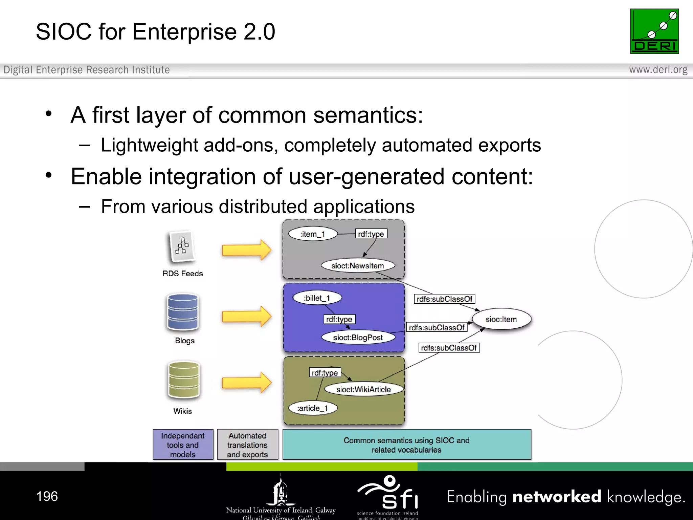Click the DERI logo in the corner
[654, 31]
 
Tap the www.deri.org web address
[658, 70]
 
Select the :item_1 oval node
[313, 234]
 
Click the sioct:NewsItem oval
[358, 265]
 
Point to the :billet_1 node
[317, 298]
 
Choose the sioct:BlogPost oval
[358, 337]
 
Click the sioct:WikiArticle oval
[363, 389]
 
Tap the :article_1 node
[313, 408]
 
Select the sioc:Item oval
[501, 319]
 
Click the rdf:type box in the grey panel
[371, 234]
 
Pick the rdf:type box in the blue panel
[339, 319]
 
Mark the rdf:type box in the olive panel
[325, 373]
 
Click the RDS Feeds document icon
[182, 246]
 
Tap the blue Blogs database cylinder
[183, 312]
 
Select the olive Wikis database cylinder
[184, 380]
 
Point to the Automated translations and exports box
[247, 445]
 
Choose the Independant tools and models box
[183, 445]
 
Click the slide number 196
[47, 496]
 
